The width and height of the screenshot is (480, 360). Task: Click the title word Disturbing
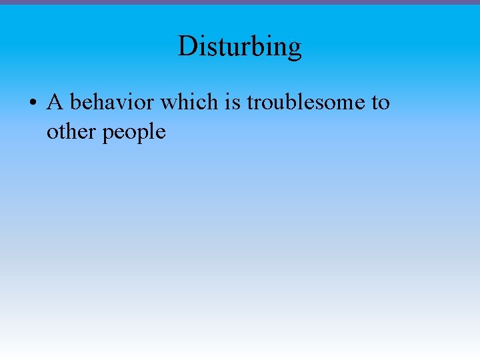(240, 47)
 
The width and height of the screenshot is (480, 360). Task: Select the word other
(71, 131)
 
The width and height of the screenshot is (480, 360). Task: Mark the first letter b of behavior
(75, 102)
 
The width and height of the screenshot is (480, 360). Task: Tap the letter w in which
(169, 103)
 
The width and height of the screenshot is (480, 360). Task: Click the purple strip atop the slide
(240, 2)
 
